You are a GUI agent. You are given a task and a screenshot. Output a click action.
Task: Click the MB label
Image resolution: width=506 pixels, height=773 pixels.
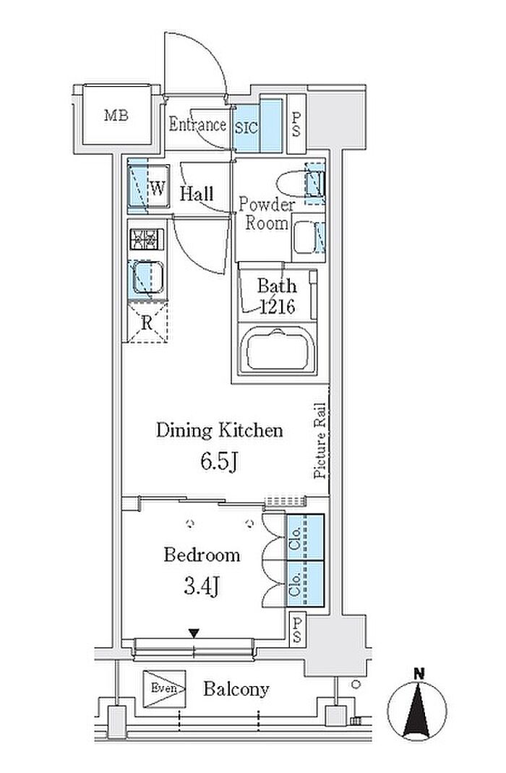point(116,116)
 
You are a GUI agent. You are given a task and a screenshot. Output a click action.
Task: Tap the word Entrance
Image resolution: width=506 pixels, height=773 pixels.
point(197,124)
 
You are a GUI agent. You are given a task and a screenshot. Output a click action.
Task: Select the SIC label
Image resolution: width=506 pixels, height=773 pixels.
point(246,128)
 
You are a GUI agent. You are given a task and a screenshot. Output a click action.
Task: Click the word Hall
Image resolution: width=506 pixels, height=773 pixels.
point(197,194)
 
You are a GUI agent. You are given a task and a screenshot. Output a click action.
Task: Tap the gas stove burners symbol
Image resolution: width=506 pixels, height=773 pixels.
point(147,239)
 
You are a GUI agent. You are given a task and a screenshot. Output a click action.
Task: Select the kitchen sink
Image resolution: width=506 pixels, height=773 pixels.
point(147,278)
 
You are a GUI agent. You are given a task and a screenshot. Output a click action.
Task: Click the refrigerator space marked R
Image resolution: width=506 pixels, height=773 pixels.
point(147,323)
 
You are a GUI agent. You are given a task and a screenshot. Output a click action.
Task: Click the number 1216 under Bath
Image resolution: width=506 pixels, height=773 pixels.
point(278,307)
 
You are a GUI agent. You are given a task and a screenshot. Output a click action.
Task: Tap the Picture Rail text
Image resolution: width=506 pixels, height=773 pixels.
point(320,440)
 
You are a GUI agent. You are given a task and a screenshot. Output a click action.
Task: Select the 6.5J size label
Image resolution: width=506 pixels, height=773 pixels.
point(219,462)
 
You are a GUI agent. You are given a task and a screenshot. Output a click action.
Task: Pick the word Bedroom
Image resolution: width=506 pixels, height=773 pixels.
point(202,555)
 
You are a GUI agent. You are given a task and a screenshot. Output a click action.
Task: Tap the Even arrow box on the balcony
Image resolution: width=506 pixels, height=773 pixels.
point(165,688)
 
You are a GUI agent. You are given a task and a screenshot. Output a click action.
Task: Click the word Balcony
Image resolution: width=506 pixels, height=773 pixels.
point(236,689)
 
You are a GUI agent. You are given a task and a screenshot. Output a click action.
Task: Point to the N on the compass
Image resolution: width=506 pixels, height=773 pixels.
point(419,673)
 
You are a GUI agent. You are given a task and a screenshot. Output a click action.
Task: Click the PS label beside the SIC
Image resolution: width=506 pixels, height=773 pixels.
point(296,124)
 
